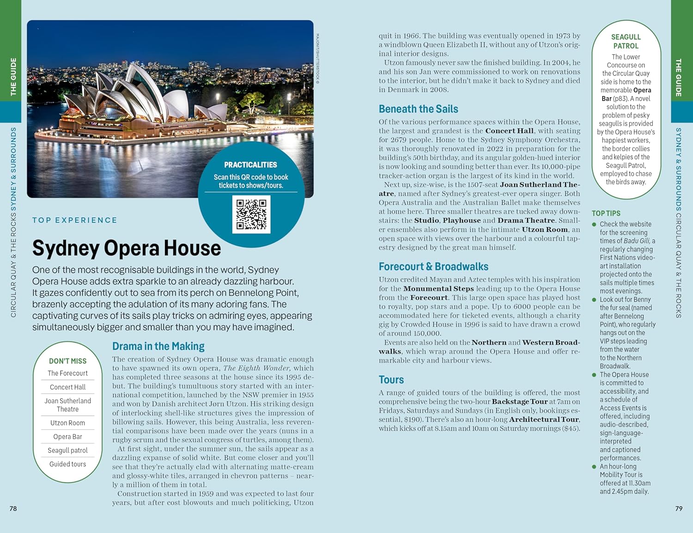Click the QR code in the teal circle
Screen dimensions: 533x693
pos(251,214)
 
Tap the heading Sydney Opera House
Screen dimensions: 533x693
pos(126,248)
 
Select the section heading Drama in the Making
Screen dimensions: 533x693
pos(158,346)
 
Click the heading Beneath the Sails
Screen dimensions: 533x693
pos(418,109)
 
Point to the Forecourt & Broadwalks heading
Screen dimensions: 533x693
pos(433,266)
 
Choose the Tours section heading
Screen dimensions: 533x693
pos(391,380)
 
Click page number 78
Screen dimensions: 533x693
pos(13,509)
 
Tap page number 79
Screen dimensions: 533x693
pos(679,509)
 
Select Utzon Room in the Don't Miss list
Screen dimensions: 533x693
pos(67,423)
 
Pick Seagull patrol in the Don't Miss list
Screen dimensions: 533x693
pos(67,450)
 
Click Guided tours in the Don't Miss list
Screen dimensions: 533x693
pos(67,464)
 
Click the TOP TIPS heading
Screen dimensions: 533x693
pos(606,213)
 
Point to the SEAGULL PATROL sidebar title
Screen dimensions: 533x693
pos(626,41)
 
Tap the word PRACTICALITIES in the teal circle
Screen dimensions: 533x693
pos(250,165)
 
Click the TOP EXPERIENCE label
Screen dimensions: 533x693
pos(74,220)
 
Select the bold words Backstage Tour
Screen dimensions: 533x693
pos(519,401)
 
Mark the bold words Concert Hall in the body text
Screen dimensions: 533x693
pos(509,131)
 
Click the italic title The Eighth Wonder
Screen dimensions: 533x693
pos(256,368)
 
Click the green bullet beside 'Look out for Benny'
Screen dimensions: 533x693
pos(594,300)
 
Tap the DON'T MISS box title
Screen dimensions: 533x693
pos(67,361)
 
